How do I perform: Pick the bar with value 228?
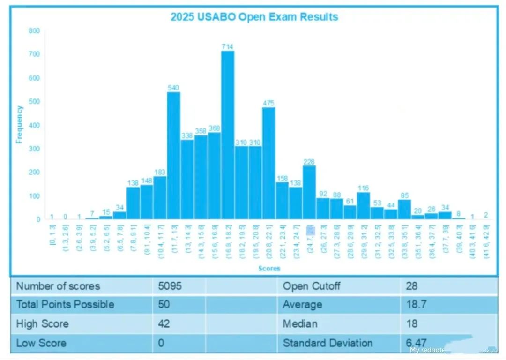point(309,192)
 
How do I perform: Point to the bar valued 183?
point(160,197)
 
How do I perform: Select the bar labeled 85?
point(404,209)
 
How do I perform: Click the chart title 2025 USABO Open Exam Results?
point(254,17)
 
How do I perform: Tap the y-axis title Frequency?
point(19,124)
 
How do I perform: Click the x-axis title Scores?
point(269,269)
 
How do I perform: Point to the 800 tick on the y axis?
point(35,31)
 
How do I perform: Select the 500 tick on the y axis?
point(35,102)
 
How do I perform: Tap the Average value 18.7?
point(415,305)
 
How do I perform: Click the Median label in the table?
point(300,323)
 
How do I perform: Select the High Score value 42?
point(164,323)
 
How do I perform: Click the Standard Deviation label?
point(327,343)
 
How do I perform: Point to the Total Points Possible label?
point(65,305)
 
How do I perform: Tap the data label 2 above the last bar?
point(486,215)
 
